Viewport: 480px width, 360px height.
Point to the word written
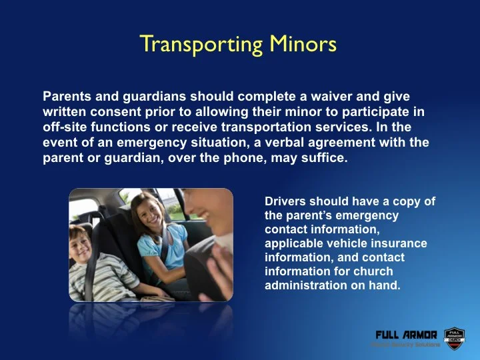click(64, 111)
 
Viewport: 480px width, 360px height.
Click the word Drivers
click(285, 201)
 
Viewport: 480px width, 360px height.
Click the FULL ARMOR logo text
click(406, 335)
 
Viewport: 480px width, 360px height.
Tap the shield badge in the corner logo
click(454, 337)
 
